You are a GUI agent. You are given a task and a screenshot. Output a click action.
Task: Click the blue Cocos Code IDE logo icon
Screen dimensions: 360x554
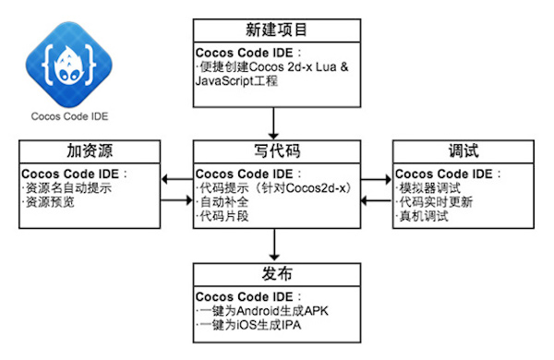coord(64,61)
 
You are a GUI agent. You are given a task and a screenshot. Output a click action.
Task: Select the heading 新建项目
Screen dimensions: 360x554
coord(274,30)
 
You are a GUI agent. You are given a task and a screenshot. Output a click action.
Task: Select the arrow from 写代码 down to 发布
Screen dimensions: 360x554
coord(274,244)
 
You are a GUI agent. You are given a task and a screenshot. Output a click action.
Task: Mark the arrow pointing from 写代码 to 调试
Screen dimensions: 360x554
coord(374,181)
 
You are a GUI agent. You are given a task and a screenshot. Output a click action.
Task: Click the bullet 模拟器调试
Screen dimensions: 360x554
coord(433,187)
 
